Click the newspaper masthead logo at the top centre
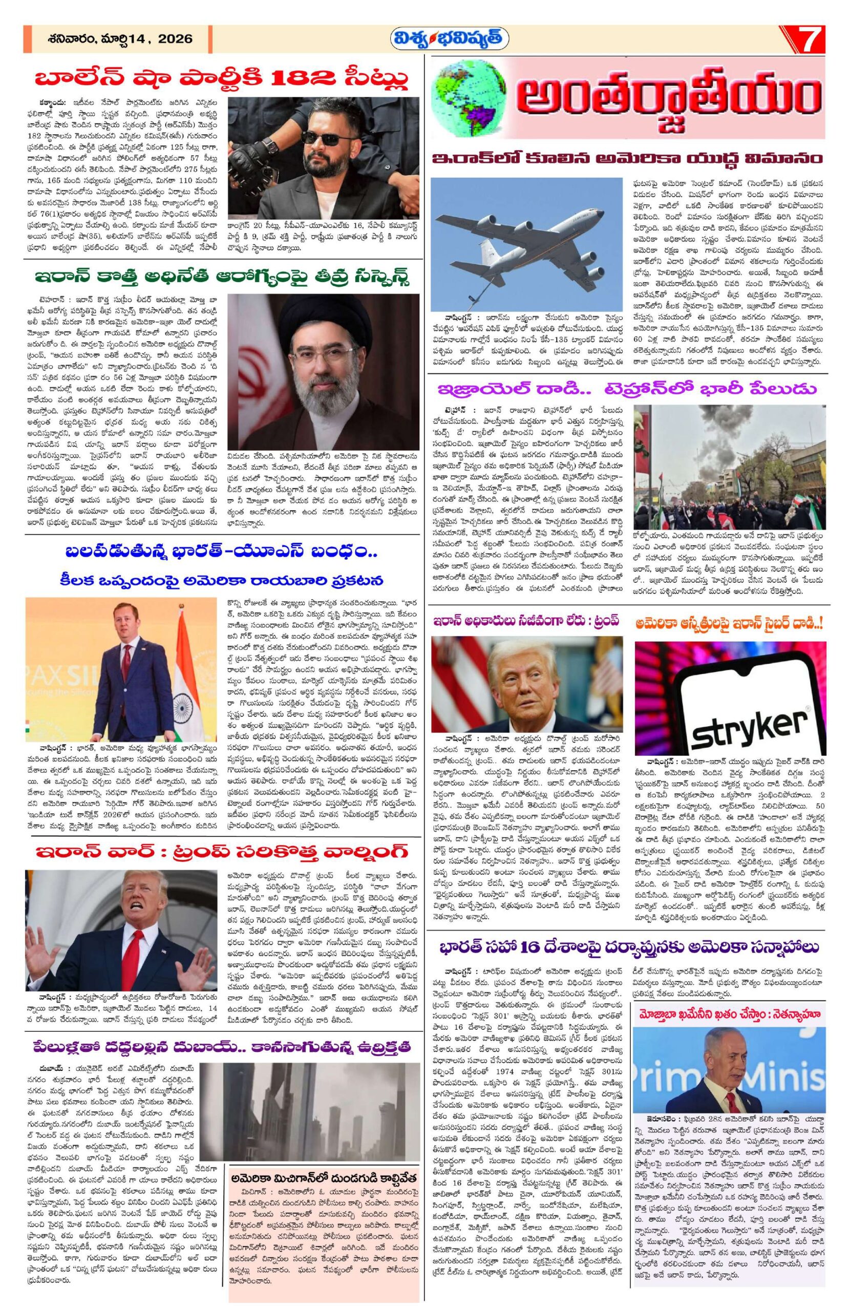point(449,39)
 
